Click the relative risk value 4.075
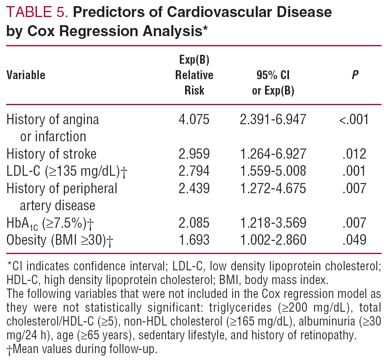(194, 120)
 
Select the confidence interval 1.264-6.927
(273, 154)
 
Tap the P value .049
(354, 240)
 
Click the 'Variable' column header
(26, 75)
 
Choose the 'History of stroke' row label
(52, 154)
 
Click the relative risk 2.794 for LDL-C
(194, 171)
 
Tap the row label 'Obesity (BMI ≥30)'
(60, 240)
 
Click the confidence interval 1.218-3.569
(273, 223)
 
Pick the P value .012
(354, 154)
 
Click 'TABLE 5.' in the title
(37, 13)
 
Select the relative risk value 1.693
(194, 240)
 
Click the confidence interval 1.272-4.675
(273, 188)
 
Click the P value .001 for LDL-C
(354, 171)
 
